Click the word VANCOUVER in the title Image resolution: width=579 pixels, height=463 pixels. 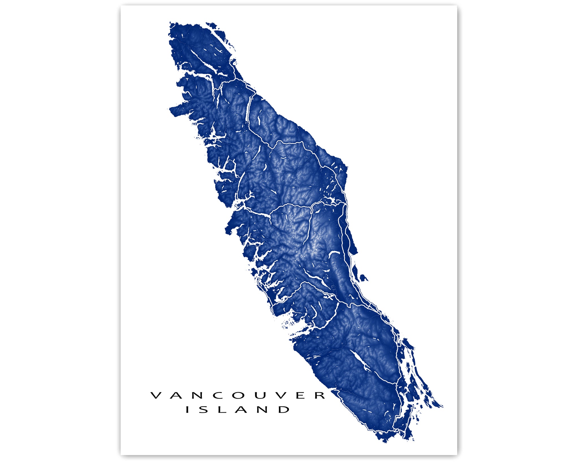238,395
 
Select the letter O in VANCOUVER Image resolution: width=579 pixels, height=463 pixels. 238,395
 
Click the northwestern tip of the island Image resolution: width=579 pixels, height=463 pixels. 170,23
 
